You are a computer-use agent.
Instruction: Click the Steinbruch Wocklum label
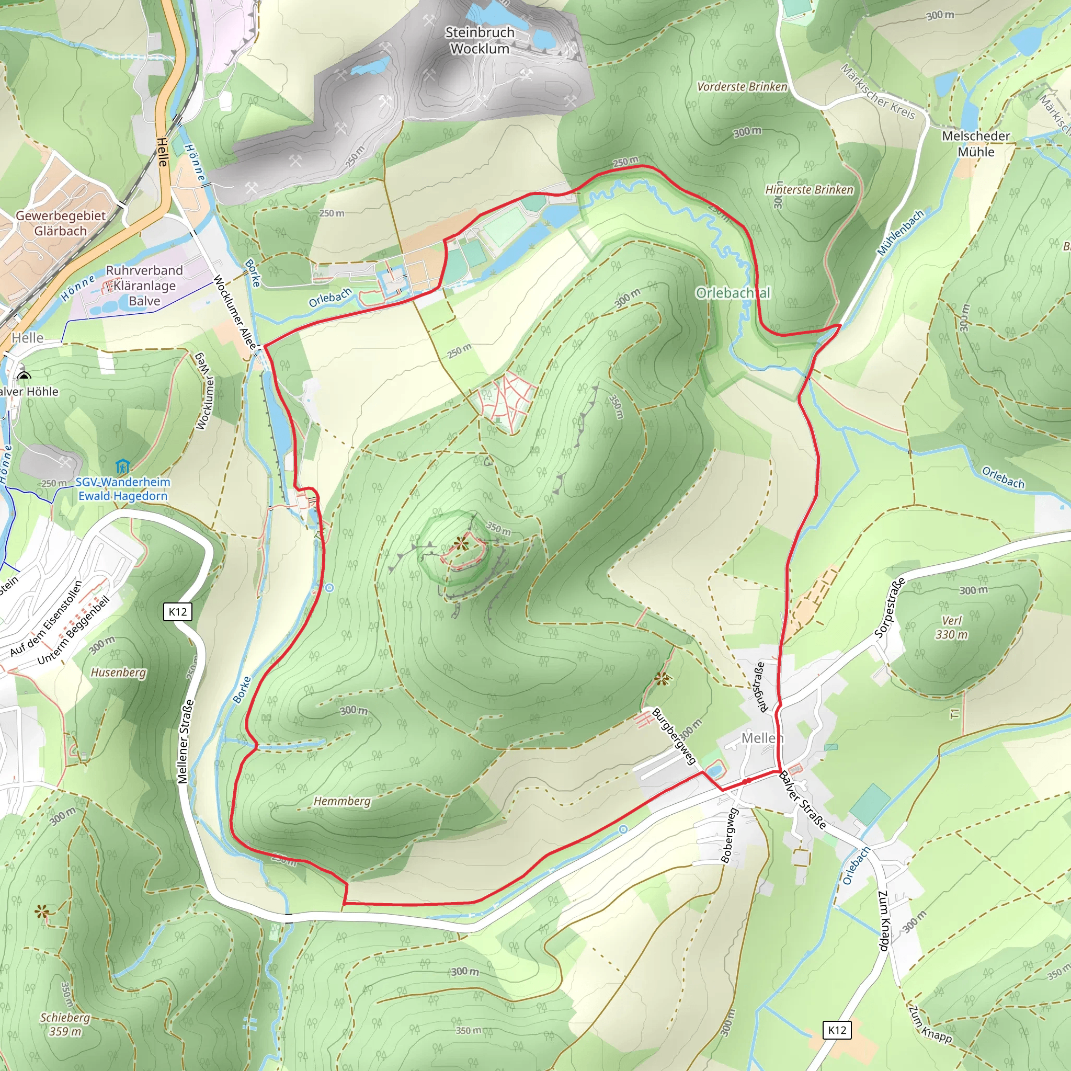pyautogui.click(x=480, y=40)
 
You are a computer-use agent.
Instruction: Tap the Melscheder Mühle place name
pyautogui.click(x=976, y=144)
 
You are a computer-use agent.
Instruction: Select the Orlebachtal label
pyautogui.click(x=733, y=293)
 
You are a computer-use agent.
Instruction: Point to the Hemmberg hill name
pyautogui.click(x=342, y=801)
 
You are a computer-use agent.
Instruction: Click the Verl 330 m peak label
pyautogui.click(x=952, y=628)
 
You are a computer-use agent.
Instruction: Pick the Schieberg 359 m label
pyautogui.click(x=65, y=1024)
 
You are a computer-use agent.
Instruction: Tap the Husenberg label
pyautogui.click(x=118, y=673)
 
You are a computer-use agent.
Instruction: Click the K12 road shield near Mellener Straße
pyautogui.click(x=177, y=612)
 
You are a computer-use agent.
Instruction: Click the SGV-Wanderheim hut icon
pyautogui.click(x=122, y=467)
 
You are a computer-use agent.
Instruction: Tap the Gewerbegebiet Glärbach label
pyautogui.click(x=61, y=223)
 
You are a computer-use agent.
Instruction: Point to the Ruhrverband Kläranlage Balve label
pyautogui.click(x=144, y=286)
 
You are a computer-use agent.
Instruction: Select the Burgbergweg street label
pyautogui.click(x=674, y=736)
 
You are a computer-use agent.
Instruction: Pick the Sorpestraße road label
pyautogui.click(x=890, y=607)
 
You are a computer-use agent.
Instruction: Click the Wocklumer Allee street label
pyautogui.click(x=235, y=313)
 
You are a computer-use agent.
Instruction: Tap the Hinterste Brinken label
pyautogui.click(x=809, y=190)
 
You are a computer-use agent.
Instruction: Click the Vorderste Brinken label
pyautogui.click(x=742, y=86)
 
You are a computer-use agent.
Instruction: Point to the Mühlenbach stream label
pyautogui.click(x=901, y=233)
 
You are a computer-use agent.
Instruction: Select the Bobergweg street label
pyautogui.click(x=730, y=835)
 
